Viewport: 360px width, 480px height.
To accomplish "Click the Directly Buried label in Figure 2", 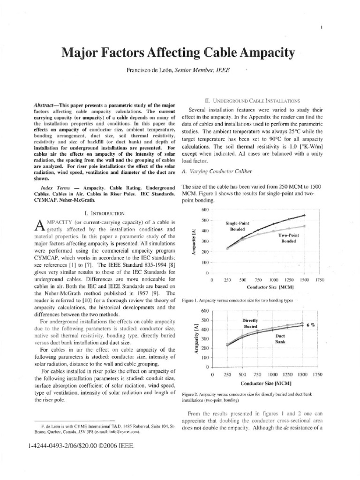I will coord(247,322).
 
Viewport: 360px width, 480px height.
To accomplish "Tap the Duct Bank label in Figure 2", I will coord(280,339).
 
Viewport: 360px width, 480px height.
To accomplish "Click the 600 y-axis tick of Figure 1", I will coord(204,209).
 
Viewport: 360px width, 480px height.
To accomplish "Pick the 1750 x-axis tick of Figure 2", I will coord(317,375).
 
